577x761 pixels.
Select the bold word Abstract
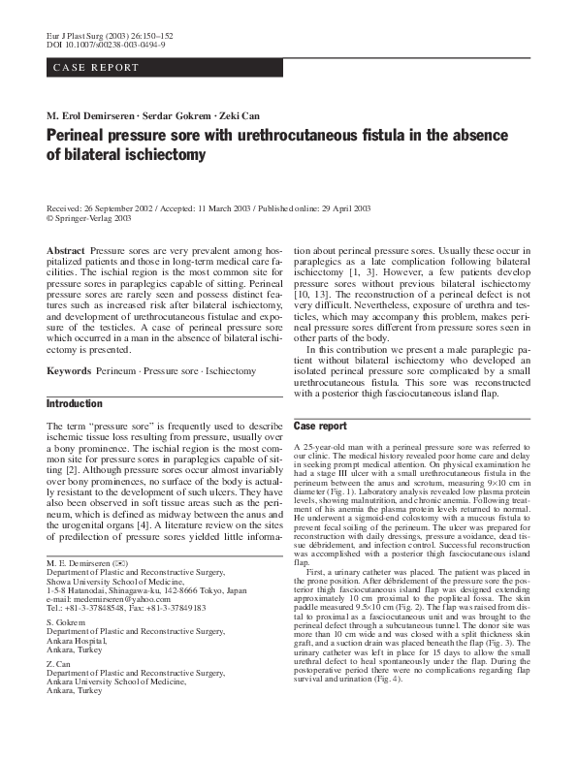pyautogui.click(x=65, y=251)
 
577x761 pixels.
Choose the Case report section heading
pyautogui.click(x=320, y=427)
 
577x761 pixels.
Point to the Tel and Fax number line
pyautogui.click(x=126, y=609)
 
